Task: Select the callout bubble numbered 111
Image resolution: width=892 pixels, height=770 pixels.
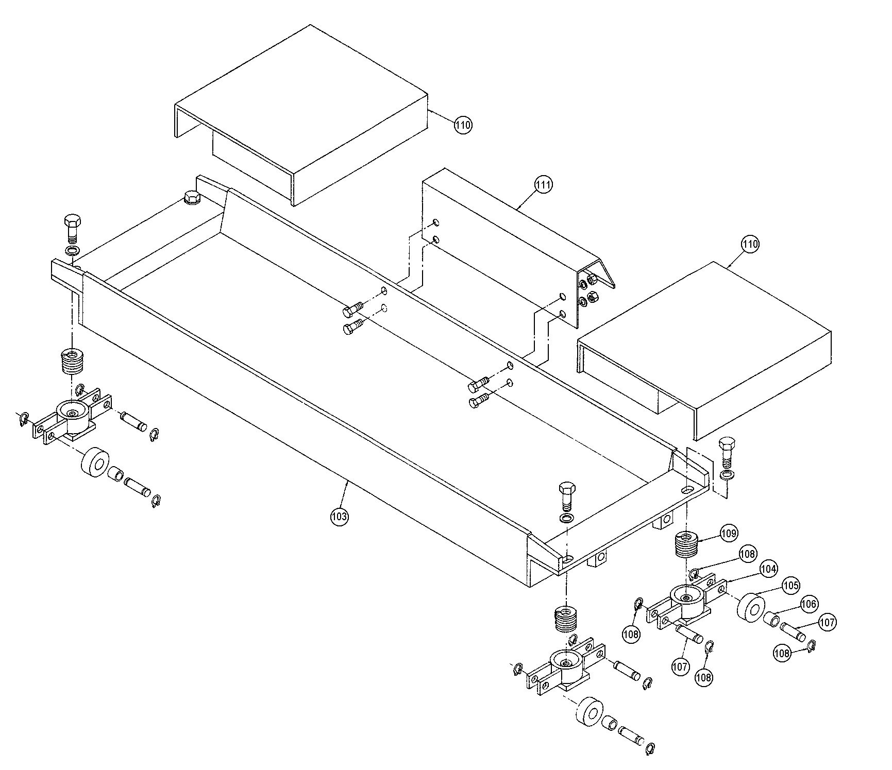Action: pyautogui.click(x=543, y=185)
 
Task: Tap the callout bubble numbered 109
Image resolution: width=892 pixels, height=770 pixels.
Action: pyautogui.click(x=729, y=533)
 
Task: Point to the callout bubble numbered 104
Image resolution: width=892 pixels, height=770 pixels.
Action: pyautogui.click(x=768, y=569)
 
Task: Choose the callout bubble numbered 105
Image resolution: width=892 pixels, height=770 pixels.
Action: pyautogui.click(x=790, y=585)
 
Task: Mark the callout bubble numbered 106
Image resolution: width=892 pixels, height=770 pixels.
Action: pyautogui.click(x=809, y=604)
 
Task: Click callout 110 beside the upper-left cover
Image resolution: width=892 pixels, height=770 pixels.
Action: pyautogui.click(x=463, y=125)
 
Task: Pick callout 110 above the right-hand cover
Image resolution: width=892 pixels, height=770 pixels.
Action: pyautogui.click(x=750, y=244)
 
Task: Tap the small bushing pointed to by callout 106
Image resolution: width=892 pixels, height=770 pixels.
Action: pyautogui.click(x=772, y=619)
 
